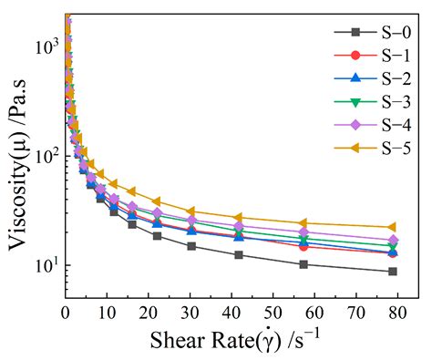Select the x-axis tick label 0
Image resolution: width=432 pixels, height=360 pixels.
(x=66, y=313)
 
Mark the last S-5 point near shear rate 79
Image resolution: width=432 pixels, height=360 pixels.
(x=392, y=227)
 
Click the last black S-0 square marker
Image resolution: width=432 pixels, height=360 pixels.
(x=392, y=272)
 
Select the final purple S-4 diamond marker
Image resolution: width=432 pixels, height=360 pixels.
(x=392, y=240)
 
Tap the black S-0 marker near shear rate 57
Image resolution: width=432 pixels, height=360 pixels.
(x=303, y=264)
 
